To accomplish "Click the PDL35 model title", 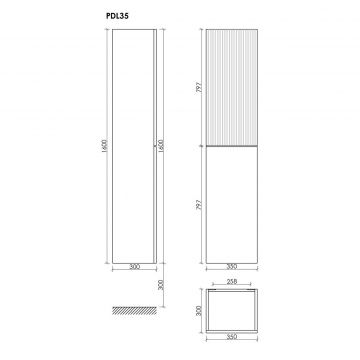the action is pos(117,16).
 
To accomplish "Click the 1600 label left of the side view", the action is pos(104,146).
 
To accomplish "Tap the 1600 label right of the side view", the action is pos(161,146).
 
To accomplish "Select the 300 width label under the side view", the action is pos(134,267).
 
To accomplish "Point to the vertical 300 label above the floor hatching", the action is pos(161,285).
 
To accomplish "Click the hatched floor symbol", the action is pos(134,310).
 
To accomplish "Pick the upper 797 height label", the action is pos(200,87).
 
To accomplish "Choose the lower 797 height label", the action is pos(200,204).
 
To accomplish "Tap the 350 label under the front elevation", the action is pos(232,267).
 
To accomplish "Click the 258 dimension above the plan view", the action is pos(232,281).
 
